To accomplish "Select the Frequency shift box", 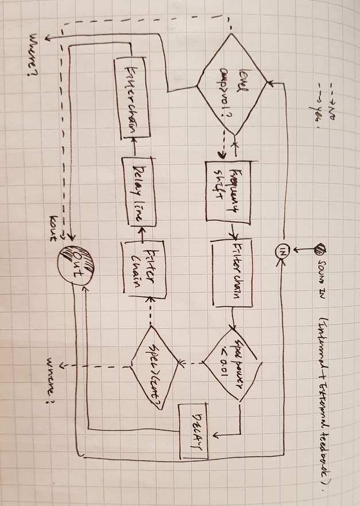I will click(x=228, y=192).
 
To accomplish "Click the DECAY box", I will click(x=194, y=431).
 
